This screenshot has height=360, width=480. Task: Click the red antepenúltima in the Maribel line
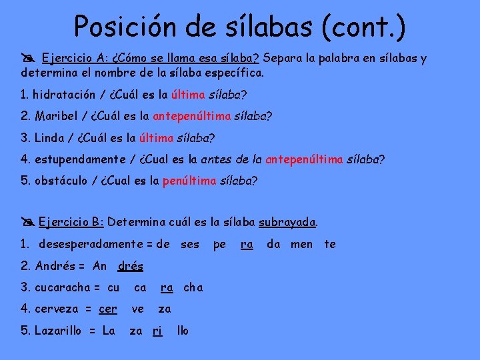(x=191, y=116)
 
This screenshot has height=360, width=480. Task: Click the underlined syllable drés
(x=130, y=266)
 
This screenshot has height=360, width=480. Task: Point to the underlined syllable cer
(x=107, y=309)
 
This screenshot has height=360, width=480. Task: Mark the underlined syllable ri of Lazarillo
(x=157, y=330)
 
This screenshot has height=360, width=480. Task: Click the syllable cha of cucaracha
(x=193, y=287)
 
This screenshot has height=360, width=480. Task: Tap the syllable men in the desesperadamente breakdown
(x=301, y=244)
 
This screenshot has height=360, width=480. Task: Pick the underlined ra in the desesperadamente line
(x=247, y=244)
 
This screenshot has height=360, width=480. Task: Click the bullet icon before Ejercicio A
(x=29, y=58)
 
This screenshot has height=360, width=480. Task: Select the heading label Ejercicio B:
(x=71, y=222)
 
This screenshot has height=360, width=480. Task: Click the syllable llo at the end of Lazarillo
(x=182, y=330)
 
